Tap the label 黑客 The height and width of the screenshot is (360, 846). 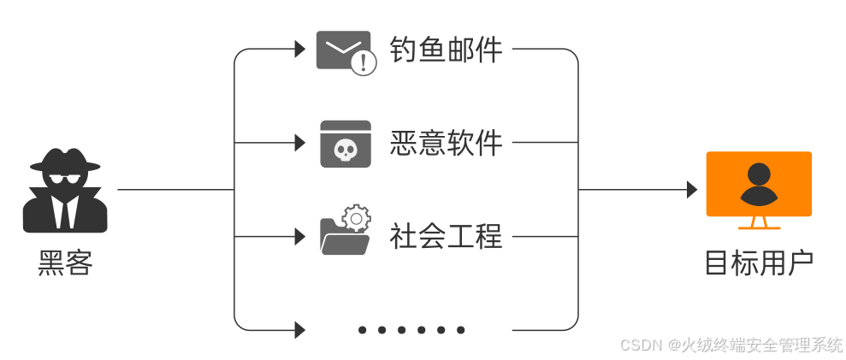[65, 263]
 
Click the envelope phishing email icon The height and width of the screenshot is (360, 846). [343, 50]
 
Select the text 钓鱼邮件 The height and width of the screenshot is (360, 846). [446, 50]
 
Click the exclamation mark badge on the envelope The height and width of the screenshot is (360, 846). [364, 62]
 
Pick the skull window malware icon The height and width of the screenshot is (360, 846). [346, 144]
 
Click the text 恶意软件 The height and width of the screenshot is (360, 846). [446, 143]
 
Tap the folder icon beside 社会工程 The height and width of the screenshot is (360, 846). [343, 235]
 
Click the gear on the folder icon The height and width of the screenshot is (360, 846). [357, 217]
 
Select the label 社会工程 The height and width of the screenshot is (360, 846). [446, 235]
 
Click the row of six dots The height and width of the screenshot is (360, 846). [411, 329]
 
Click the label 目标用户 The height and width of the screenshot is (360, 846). [758, 263]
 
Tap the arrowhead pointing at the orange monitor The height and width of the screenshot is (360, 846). [692, 190]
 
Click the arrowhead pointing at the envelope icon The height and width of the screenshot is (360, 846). [300, 50]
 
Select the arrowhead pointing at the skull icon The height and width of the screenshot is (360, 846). [300, 143]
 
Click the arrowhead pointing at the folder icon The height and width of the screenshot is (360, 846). [300, 236]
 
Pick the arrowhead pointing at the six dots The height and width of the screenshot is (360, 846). [300, 329]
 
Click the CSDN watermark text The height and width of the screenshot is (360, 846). [731, 345]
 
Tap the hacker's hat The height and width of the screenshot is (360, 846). [65, 160]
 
